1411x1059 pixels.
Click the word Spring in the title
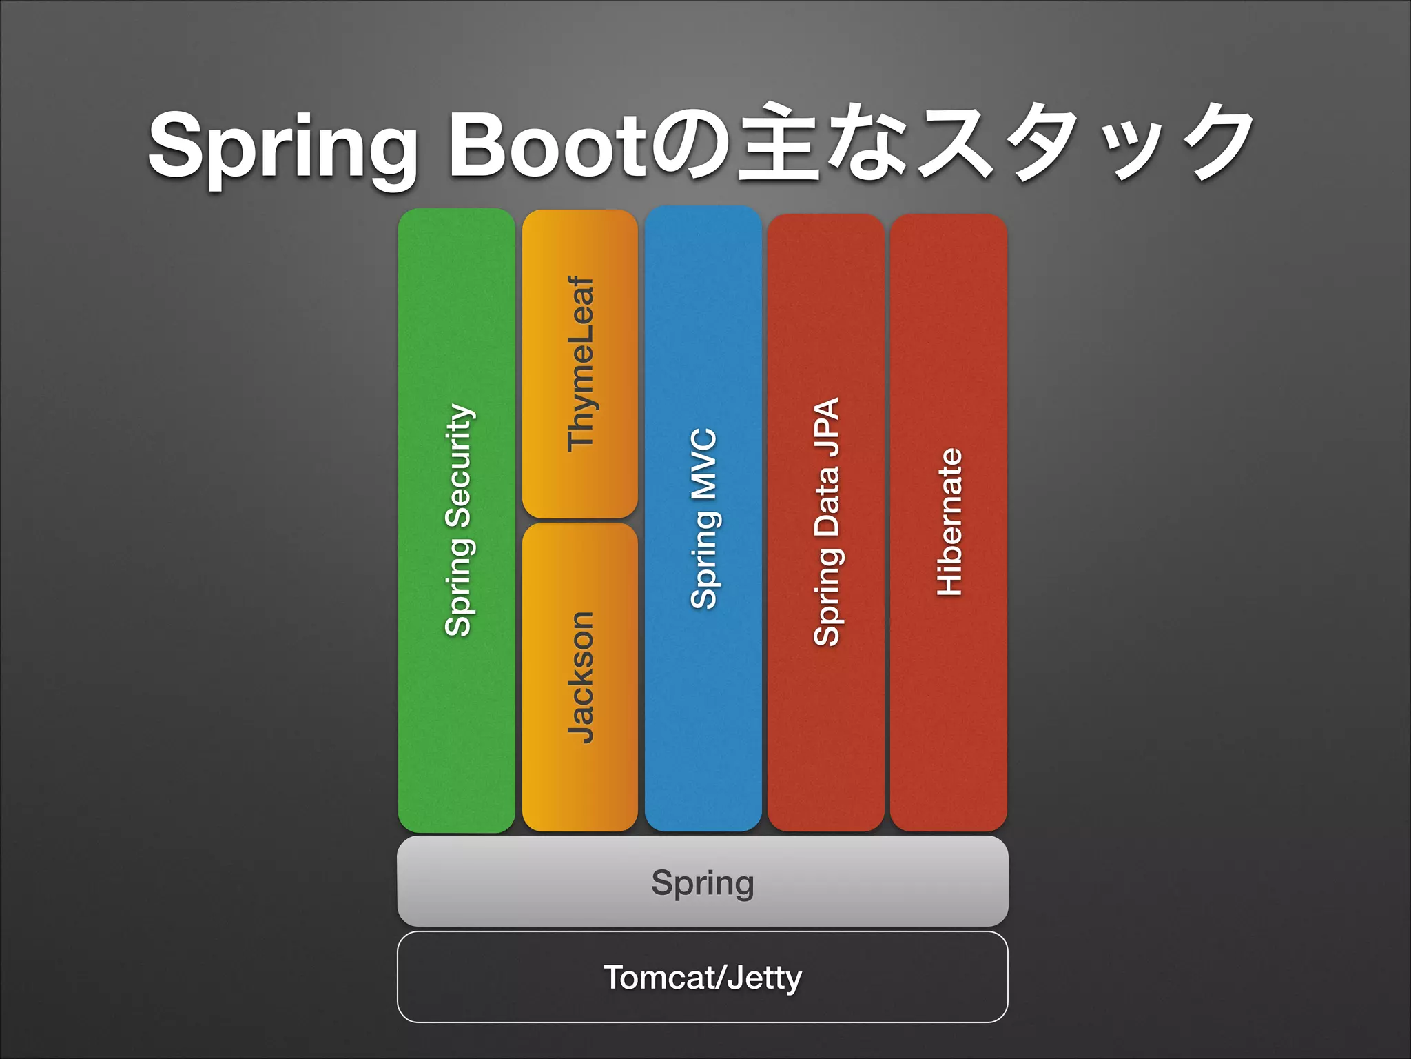click(x=282, y=146)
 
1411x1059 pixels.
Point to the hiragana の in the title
click(x=689, y=145)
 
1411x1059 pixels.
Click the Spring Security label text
click(x=458, y=521)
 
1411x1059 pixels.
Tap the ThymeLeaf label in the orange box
click(x=580, y=364)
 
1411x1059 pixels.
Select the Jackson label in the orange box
click(x=580, y=677)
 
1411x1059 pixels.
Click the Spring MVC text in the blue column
click(x=703, y=518)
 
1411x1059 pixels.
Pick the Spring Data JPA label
click(x=826, y=522)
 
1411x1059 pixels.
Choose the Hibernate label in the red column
click(x=949, y=522)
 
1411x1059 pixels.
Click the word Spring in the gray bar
click(x=703, y=882)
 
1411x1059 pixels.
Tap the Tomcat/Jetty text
click(x=703, y=977)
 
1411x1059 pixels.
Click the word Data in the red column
click(x=826, y=502)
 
